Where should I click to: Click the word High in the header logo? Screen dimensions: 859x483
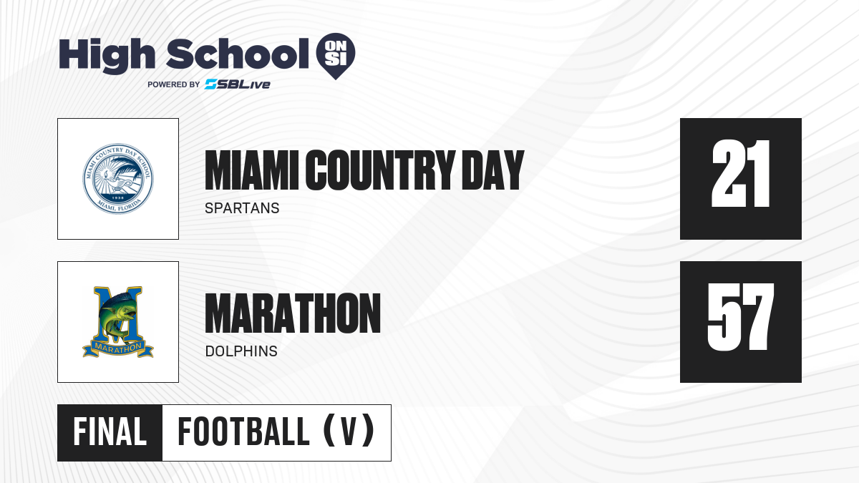coord(107,56)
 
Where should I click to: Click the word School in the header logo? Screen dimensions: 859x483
coord(238,54)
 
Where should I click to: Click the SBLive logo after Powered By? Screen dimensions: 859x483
coord(238,84)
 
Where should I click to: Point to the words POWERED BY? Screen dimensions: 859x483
coord(174,84)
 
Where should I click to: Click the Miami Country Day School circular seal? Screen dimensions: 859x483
coord(118,179)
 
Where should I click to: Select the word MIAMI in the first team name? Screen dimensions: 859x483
coord(251,170)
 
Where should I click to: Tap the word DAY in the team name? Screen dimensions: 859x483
coord(493,170)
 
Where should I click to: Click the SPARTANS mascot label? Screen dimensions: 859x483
coord(242,208)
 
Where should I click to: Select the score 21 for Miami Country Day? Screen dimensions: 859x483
coord(740,174)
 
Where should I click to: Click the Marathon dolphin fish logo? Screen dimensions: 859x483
coord(118,321)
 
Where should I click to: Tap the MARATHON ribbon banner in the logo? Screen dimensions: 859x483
coord(118,348)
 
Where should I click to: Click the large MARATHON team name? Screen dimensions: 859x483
coord(293,313)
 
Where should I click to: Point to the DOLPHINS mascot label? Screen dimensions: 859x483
coord(241,351)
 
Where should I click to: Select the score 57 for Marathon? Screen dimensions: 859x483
coord(740,317)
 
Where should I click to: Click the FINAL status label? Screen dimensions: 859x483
coord(110,432)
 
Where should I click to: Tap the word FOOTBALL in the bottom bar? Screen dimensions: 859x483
coord(243,432)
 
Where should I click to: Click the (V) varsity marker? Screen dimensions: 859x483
coord(349,431)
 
